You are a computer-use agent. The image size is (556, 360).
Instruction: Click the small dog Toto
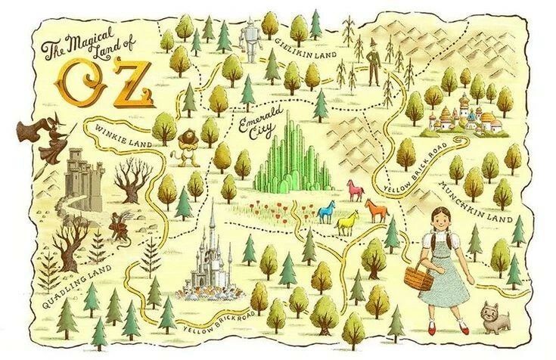(496, 315)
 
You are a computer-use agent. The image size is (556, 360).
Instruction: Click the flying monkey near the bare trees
(120, 222)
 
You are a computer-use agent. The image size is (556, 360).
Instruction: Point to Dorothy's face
(439, 222)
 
